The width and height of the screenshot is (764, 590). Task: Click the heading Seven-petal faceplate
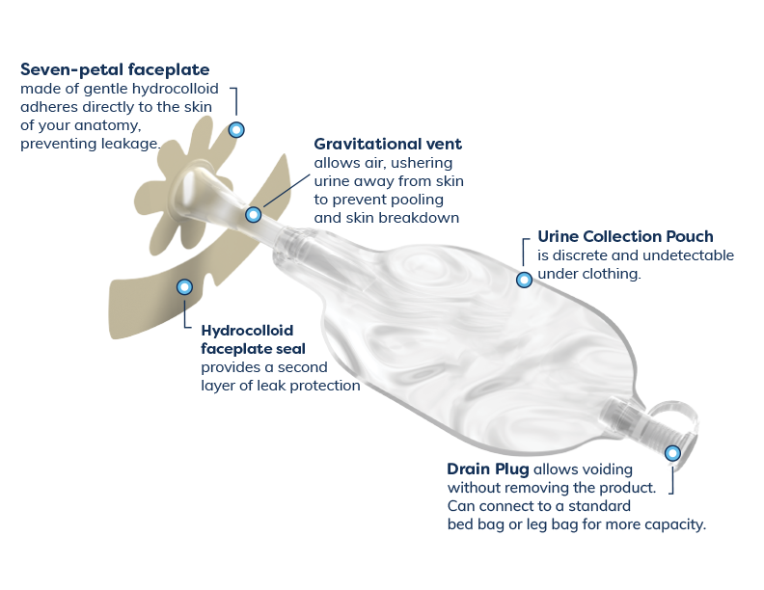click(x=115, y=69)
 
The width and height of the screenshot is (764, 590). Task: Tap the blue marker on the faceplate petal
click(x=236, y=130)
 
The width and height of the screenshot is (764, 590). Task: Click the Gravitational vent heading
click(x=388, y=144)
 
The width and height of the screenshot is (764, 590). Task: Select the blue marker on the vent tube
click(x=254, y=215)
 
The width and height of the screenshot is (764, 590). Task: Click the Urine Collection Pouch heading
click(x=625, y=236)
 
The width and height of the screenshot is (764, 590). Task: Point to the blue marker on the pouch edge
click(x=524, y=280)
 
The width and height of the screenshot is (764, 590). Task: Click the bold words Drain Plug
click(x=488, y=469)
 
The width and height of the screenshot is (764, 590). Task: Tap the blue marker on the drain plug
click(x=673, y=454)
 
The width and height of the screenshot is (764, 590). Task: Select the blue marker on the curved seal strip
click(x=184, y=287)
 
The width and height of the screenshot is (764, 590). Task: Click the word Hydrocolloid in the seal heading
click(x=247, y=331)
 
